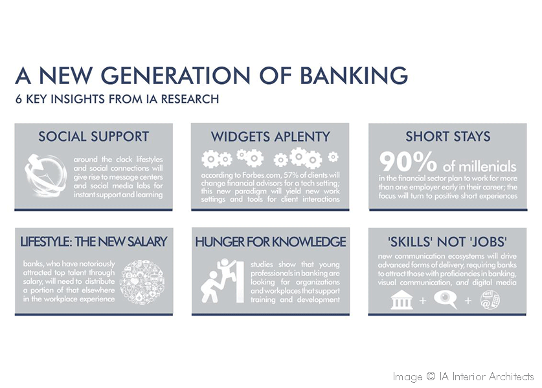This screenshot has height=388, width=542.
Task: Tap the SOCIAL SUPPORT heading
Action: [93, 136]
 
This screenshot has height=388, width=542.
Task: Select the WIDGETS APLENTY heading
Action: [270, 136]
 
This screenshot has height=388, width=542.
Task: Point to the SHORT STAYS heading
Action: [447, 136]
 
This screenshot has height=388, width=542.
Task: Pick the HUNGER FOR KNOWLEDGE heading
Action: [270, 242]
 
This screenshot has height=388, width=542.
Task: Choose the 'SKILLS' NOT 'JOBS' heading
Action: [447, 242]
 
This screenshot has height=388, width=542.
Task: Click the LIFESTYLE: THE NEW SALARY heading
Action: [93, 242]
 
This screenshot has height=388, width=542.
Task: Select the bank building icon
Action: [401, 299]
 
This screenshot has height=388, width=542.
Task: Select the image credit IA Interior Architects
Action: [463, 376]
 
